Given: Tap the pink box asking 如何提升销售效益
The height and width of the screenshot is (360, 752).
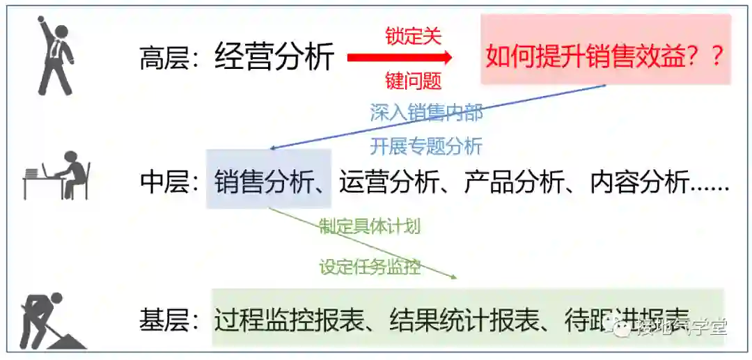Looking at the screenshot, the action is pos(605,50).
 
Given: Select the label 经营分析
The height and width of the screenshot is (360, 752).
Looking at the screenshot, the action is pos(274,56).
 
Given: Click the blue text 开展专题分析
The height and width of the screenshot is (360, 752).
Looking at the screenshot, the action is pos(425,146).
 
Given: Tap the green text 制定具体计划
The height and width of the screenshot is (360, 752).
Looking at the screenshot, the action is pos(370,226).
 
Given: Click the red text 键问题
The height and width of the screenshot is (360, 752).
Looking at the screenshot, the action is pos(414,81).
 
